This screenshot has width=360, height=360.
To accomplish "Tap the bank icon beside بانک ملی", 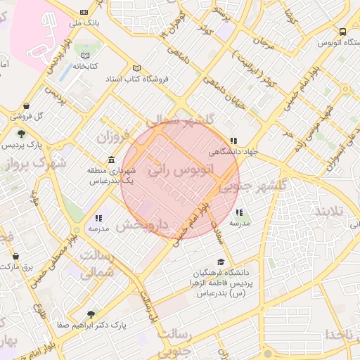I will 84,12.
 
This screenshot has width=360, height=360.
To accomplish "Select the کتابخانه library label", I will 86,67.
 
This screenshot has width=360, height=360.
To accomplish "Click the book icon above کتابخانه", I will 86,56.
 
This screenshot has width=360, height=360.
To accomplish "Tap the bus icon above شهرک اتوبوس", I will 342,32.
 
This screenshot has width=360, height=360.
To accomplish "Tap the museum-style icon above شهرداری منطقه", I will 112,160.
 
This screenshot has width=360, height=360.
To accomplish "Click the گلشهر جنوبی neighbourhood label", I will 254,186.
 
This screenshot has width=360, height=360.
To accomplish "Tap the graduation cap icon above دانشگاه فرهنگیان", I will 221,262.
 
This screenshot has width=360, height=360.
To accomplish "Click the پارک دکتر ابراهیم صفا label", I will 90,326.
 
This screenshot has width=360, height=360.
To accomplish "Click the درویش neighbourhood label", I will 142,226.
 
